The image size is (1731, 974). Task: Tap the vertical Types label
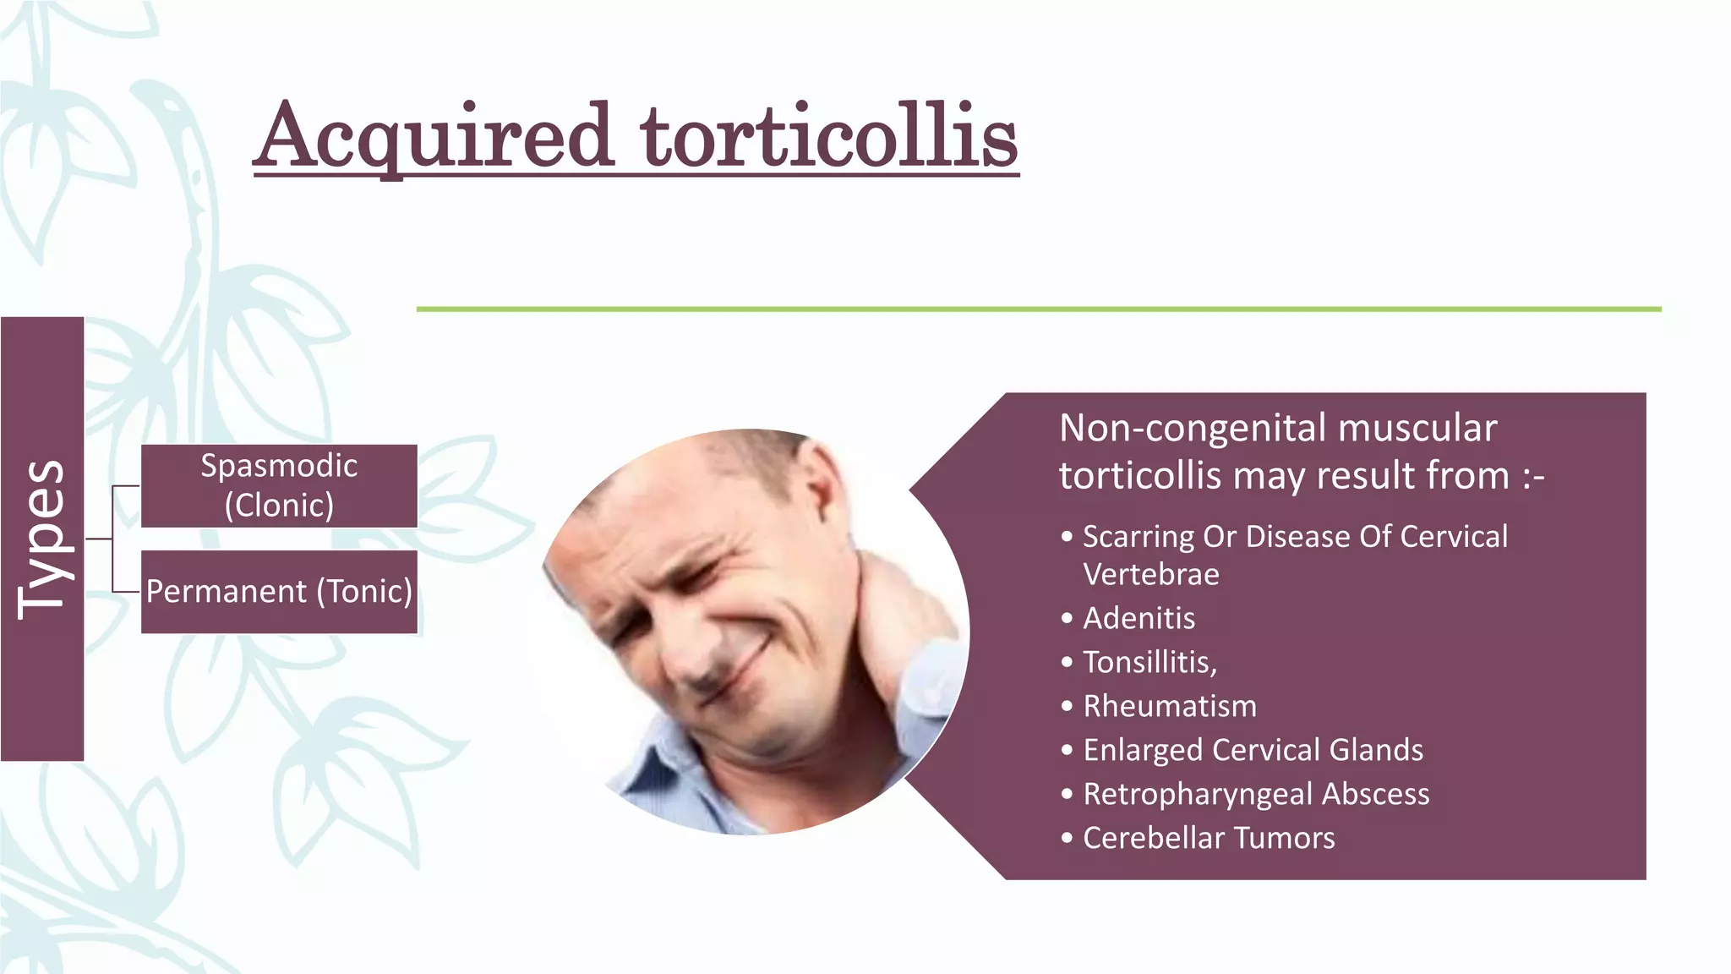click(41, 539)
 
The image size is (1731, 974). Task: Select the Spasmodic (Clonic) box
click(279, 485)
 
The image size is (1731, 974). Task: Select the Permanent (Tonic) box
click(279, 591)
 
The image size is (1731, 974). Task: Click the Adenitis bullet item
click(1139, 618)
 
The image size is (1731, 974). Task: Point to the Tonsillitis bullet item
click(1149, 662)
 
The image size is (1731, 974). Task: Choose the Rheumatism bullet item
click(1170, 706)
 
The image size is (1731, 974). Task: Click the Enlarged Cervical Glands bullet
click(1253, 750)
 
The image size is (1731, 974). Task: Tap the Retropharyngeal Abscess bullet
click(1256, 794)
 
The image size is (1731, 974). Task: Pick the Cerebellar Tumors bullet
click(1209, 838)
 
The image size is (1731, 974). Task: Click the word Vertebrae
click(1151, 575)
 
